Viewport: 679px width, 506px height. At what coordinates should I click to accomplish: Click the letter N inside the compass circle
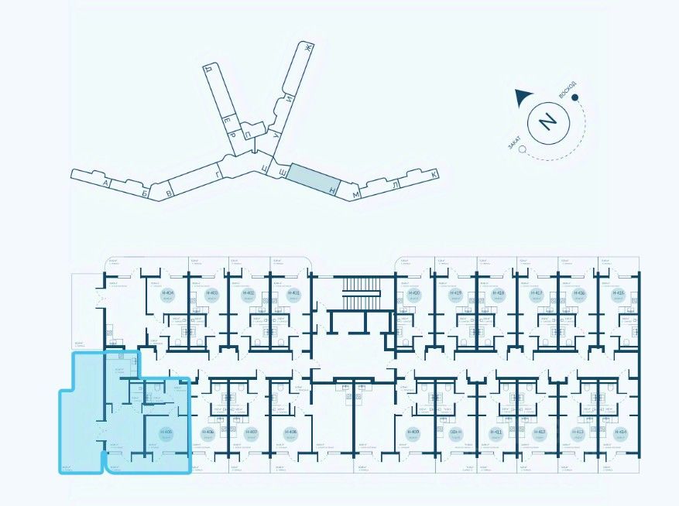tap(547, 121)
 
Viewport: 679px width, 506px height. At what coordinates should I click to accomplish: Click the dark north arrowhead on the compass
tap(523, 97)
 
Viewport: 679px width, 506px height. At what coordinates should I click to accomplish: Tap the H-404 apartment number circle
tap(168, 294)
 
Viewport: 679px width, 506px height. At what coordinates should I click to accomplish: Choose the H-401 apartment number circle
tap(293, 294)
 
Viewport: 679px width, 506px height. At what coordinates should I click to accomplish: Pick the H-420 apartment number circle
tap(415, 294)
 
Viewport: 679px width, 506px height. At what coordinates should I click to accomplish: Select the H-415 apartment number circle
tap(618, 294)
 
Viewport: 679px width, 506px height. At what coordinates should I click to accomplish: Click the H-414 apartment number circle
tap(621, 432)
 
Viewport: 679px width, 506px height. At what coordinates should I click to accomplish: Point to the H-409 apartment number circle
tap(415, 432)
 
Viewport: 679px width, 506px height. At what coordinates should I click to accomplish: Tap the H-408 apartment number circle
tap(291, 432)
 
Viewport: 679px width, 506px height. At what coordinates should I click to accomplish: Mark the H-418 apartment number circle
tap(499, 294)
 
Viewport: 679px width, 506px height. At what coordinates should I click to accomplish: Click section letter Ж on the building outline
tap(307, 49)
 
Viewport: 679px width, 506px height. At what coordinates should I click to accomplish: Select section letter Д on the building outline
tap(207, 69)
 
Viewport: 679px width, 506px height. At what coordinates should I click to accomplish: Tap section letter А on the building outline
tap(104, 183)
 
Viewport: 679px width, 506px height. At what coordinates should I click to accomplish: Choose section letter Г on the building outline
tap(219, 175)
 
